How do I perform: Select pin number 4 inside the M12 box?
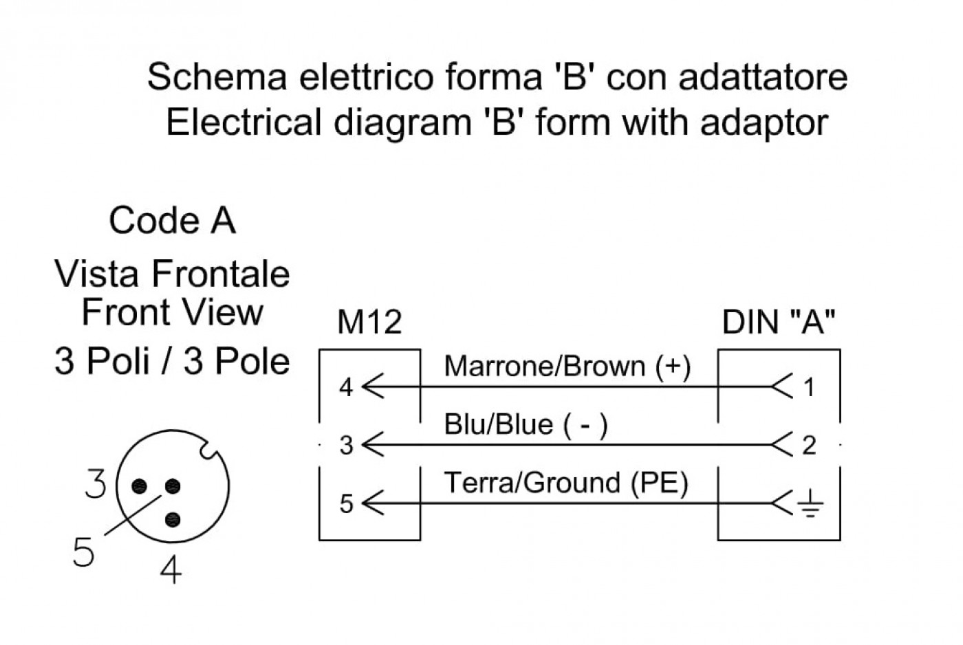346,387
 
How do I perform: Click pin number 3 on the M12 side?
346,445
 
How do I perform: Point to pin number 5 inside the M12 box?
346,503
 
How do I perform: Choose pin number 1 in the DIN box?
809,387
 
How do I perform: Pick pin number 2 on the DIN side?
809,445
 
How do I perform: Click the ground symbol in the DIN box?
810,503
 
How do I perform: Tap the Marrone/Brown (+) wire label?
567,367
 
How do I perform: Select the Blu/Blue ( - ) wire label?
526,425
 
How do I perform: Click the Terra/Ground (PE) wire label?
565,483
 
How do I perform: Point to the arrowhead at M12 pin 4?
372,386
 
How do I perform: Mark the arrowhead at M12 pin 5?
372,503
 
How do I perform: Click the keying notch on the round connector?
208,450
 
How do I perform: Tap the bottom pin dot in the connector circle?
173,520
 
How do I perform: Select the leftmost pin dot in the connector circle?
139,486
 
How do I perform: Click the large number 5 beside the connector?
83,551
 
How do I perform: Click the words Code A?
173,221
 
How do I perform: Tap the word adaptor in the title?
764,123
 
